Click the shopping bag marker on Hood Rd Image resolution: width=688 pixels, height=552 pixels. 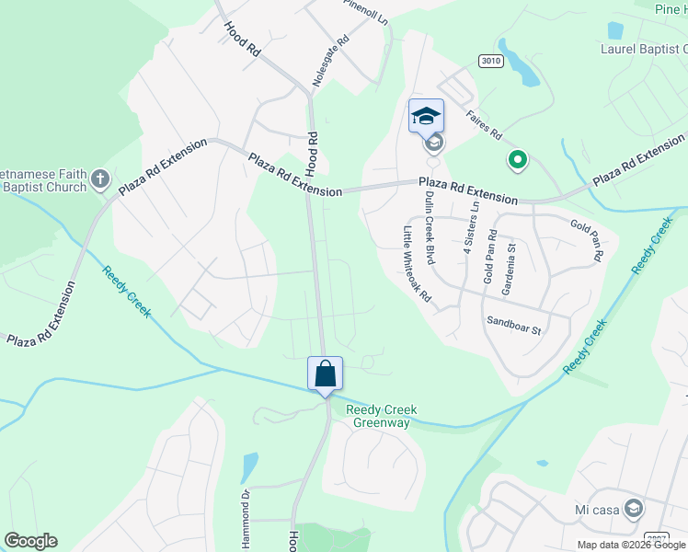coord(325,374)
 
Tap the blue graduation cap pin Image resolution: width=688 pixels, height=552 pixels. coord(426,116)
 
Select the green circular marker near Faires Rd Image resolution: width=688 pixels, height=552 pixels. coord(518,161)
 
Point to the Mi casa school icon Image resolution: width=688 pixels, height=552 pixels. coord(633,508)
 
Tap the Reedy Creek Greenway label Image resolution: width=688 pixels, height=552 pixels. coord(381,416)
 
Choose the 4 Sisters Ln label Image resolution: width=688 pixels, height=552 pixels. coord(471,229)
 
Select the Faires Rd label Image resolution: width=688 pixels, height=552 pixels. coord(484,126)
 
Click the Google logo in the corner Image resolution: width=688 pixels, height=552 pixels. coord(30,541)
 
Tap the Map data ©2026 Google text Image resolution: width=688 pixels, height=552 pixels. coord(632,545)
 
